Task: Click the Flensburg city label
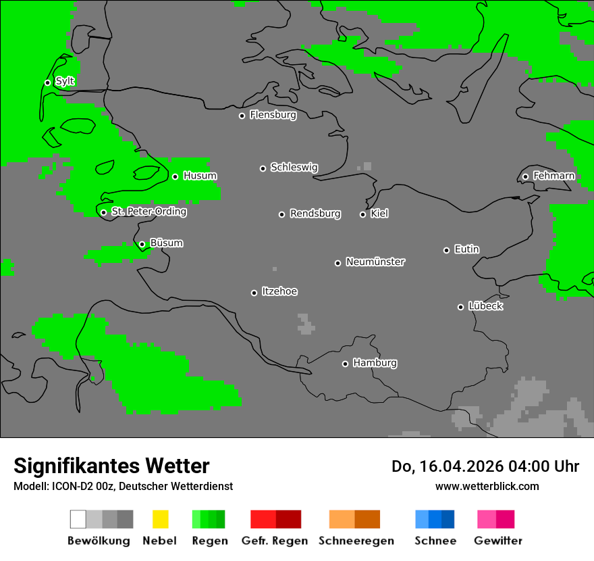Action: point(273,115)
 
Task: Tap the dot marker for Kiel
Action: point(362,214)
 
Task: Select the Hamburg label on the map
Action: point(375,363)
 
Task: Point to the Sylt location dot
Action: point(47,82)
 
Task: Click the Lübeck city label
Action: point(485,306)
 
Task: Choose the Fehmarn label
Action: point(553,176)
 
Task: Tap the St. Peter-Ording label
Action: point(148,212)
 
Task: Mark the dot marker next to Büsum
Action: point(142,244)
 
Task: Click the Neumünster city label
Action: point(375,262)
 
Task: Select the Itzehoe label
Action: point(279,291)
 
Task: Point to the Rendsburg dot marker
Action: point(281,214)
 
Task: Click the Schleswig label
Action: point(294,167)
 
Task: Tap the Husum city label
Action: point(200,176)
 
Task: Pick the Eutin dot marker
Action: point(446,250)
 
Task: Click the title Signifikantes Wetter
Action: point(111,466)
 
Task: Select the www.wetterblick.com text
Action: point(487,486)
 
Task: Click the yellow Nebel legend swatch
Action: point(160,519)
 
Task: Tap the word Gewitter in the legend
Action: point(497,541)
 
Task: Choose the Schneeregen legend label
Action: point(356,541)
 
